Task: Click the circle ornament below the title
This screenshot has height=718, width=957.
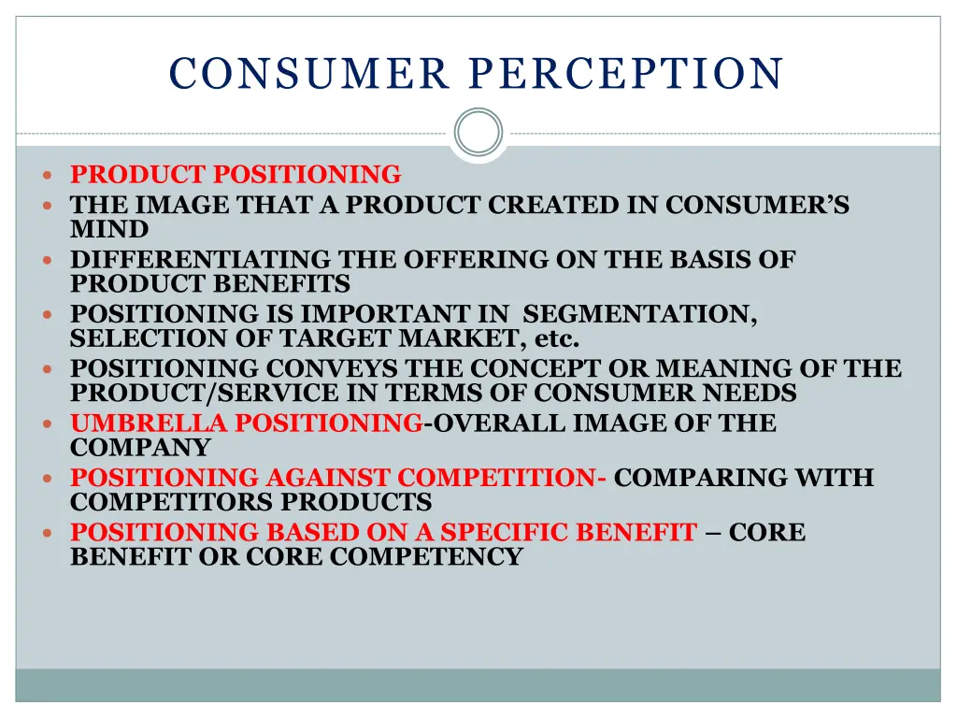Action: pyautogui.click(x=478, y=132)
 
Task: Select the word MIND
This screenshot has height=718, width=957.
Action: pyautogui.click(x=109, y=229)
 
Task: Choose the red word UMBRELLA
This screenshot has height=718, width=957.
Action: pyautogui.click(x=149, y=424)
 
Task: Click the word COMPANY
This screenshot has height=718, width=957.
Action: pyautogui.click(x=140, y=448)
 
